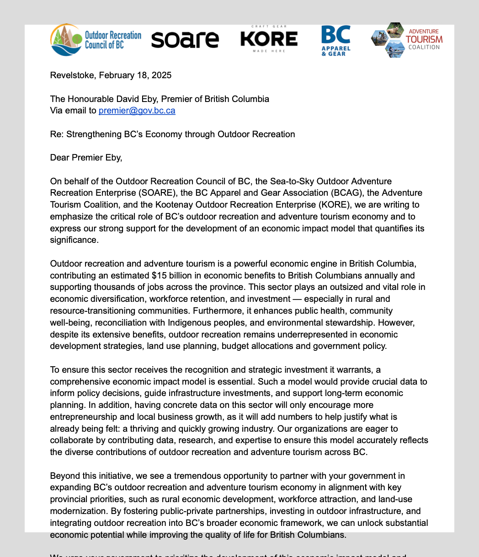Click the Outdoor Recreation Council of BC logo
tap(96, 39)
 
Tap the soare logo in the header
tap(185, 40)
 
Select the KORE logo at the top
tap(269, 39)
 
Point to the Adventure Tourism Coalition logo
tap(407, 39)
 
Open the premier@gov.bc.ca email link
tap(137, 110)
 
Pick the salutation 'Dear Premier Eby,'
tap(86, 158)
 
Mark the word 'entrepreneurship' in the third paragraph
tap(80, 417)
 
